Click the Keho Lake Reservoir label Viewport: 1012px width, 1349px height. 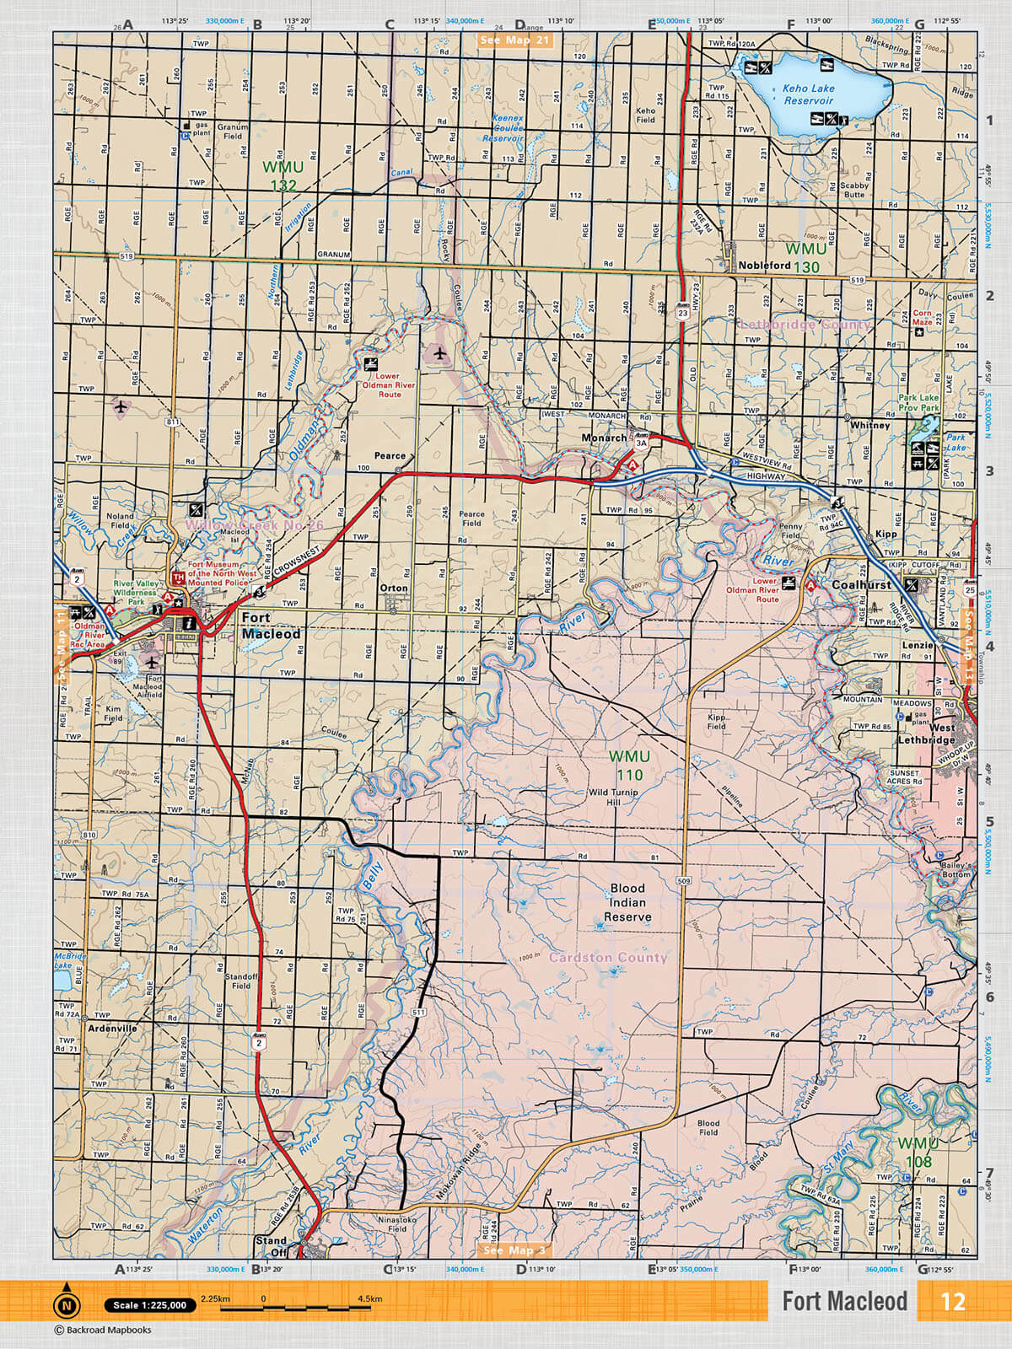pyautogui.click(x=808, y=94)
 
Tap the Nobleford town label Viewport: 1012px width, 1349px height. pyautogui.click(x=764, y=265)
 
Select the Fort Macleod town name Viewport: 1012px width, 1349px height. pyautogui.click(x=271, y=626)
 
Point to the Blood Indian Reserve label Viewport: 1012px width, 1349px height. pyautogui.click(x=627, y=902)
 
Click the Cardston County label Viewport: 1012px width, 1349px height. pyautogui.click(x=608, y=958)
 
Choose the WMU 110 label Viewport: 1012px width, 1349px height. pyautogui.click(x=629, y=766)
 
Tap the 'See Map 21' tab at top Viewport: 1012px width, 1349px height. pyautogui.click(x=514, y=40)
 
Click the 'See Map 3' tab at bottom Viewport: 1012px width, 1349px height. pyautogui.click(x=514, y=1250)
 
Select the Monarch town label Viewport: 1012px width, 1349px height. pyautogui.click(x=604, y=438)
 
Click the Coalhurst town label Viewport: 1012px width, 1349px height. pyautogui.click(x=861, y=584)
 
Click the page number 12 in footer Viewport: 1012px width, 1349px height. pyautogui.click(x=952, y=1301)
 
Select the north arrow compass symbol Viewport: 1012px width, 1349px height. pyautogui.click(x=66, y=1305)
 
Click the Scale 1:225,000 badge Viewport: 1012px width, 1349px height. pyautogui.click(x=150, y=1305)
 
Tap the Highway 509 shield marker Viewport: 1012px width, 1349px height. pyautogui.click(x=683, y=881)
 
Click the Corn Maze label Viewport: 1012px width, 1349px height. pyautogui.click(x=923, y=317)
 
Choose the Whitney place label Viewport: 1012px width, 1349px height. pyautogui.click(x=869, y=425)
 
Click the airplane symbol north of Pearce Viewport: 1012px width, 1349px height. pyautogui.click(x=439, y=353)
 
